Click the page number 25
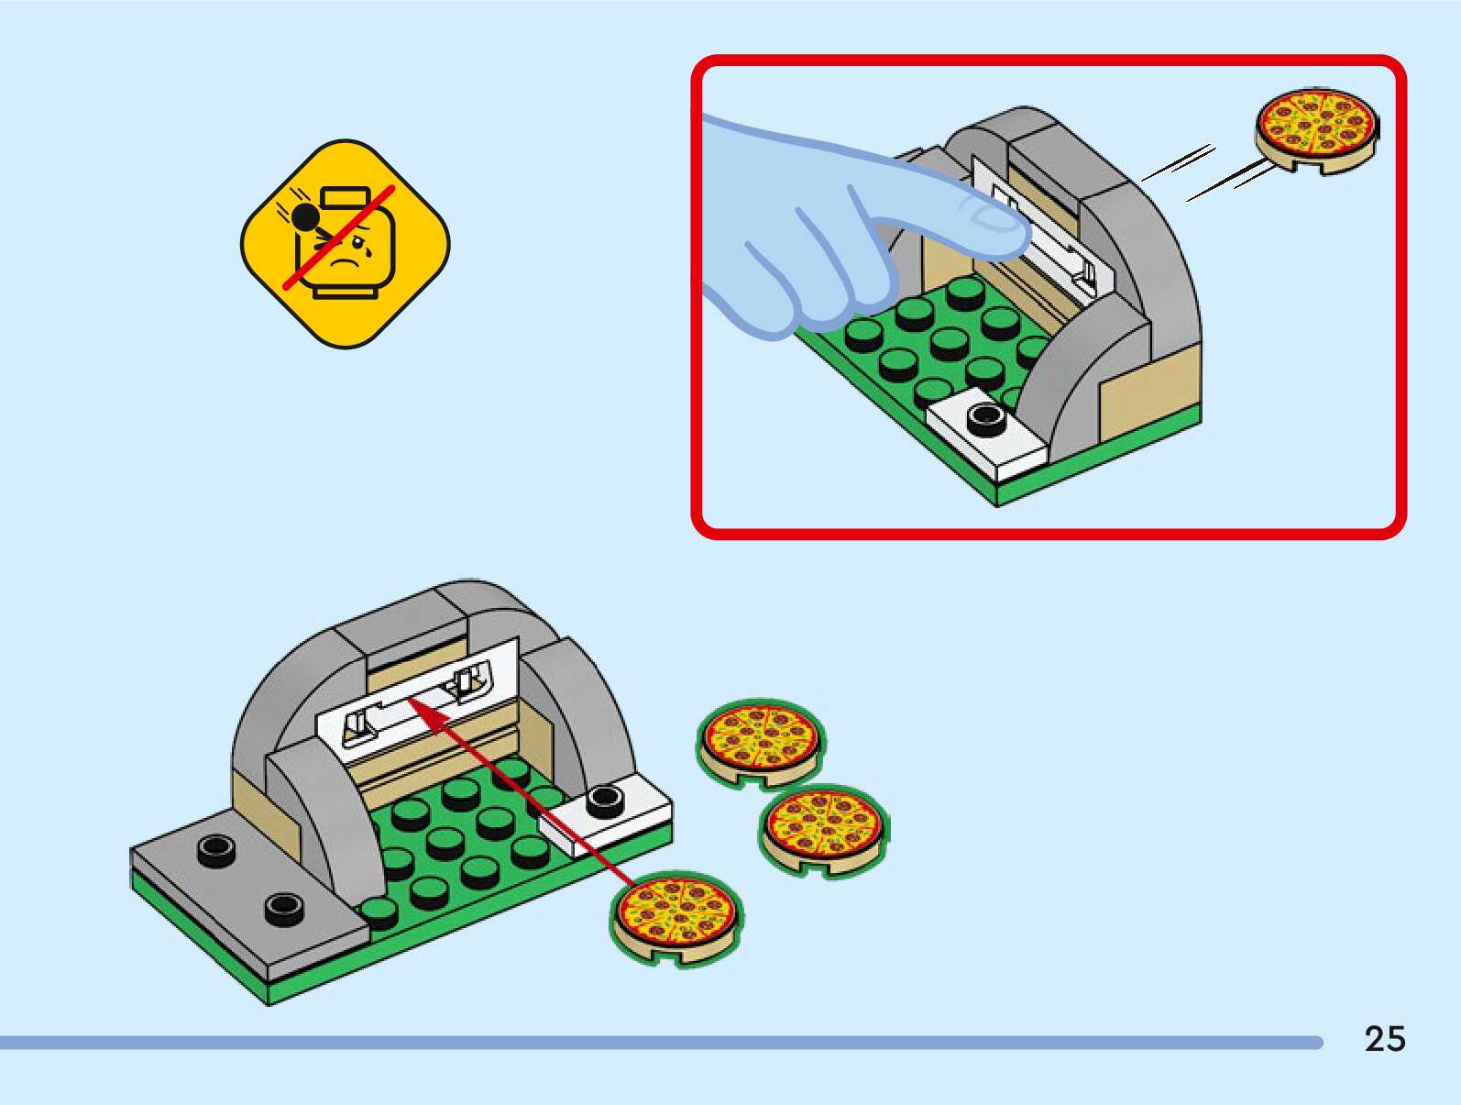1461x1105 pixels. (x=1384, y=1039)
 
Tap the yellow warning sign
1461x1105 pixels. (x=346, y=244)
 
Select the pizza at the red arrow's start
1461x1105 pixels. (x=676, y=916)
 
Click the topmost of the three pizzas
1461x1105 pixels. (x=760, y=742)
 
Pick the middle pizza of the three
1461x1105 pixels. (x=823, y=828)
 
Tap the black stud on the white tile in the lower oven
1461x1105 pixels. (x=605, y=801)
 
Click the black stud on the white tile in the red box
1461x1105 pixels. (x=985, y=418)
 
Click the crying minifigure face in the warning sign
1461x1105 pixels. (x=353, y=248)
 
